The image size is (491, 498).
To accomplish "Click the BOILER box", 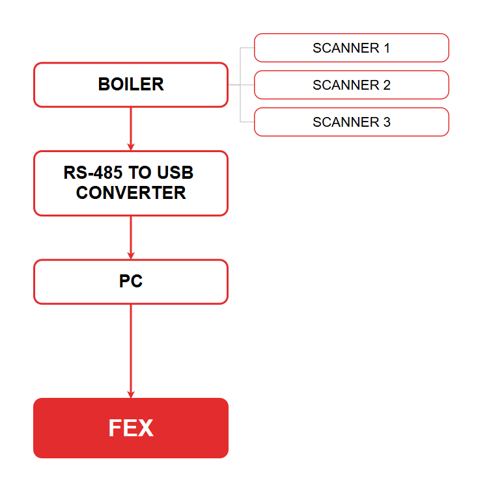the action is tap(131, 85).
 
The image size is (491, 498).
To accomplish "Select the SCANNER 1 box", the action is tap(352, 47).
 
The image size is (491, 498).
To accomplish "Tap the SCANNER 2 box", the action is tap(352, 85).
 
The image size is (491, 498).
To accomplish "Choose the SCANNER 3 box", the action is tap(352, 122).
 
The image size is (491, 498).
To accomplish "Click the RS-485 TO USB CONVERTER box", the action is tap(131, 183).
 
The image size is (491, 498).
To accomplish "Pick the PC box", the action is tap(131, 282).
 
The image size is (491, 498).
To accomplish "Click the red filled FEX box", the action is tap(131, 428).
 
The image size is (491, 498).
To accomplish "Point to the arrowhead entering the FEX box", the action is tap(131, 395).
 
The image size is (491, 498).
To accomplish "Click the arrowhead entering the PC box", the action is tap(131, 256).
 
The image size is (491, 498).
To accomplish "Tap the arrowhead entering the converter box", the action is tap(131, 147).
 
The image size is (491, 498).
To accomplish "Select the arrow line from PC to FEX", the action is tap(131, 351).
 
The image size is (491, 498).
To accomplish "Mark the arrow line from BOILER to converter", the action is tap(131, 129).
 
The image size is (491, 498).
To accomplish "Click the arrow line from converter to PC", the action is tap(131, 237).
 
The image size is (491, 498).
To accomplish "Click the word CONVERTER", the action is tap(131, 193).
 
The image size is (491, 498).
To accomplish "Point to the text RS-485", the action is tap(93, 172).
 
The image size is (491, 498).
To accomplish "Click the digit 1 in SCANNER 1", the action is tap(387, 48).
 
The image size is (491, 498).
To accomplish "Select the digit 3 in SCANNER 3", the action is tap(387, 122).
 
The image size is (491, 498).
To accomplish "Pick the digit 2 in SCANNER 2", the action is tap(387, 85).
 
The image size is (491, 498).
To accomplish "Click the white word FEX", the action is tap(131, 428).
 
